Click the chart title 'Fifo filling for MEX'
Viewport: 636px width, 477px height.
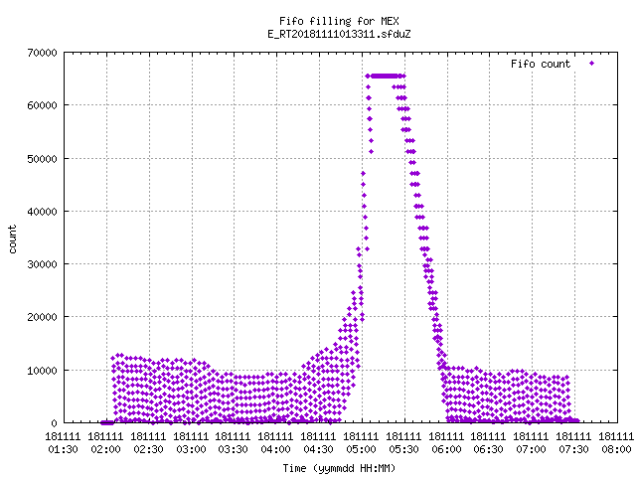coord(339,21)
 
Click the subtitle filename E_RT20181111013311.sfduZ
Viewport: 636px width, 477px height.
coord(339,34)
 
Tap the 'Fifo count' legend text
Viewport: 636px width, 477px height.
coord(541,64)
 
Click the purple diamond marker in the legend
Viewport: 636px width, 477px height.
coord(592,64)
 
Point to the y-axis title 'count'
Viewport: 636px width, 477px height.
coord(12,239)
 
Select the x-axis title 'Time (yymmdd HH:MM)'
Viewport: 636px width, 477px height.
coord(339,468)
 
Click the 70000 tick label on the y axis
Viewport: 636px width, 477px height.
coord(42,53)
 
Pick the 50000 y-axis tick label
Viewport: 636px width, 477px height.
coord(42,159)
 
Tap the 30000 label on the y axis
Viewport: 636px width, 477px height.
coord(42,264)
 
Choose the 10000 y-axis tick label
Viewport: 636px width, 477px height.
coord(42,371)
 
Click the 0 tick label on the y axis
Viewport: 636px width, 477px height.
coord(54,423)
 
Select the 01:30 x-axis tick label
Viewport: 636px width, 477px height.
coord(63,449)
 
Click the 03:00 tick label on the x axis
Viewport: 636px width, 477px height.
coord(191,449)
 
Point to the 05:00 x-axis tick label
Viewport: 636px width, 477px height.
coord(361,449)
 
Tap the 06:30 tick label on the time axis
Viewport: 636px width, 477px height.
coord(488,449)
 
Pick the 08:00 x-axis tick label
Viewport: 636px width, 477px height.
coord(616,449)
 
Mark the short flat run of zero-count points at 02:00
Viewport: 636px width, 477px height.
coord(107,422)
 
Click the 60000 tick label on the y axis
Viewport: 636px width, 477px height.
coord(42,105)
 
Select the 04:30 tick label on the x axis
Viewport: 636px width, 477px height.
coord(318,449)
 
